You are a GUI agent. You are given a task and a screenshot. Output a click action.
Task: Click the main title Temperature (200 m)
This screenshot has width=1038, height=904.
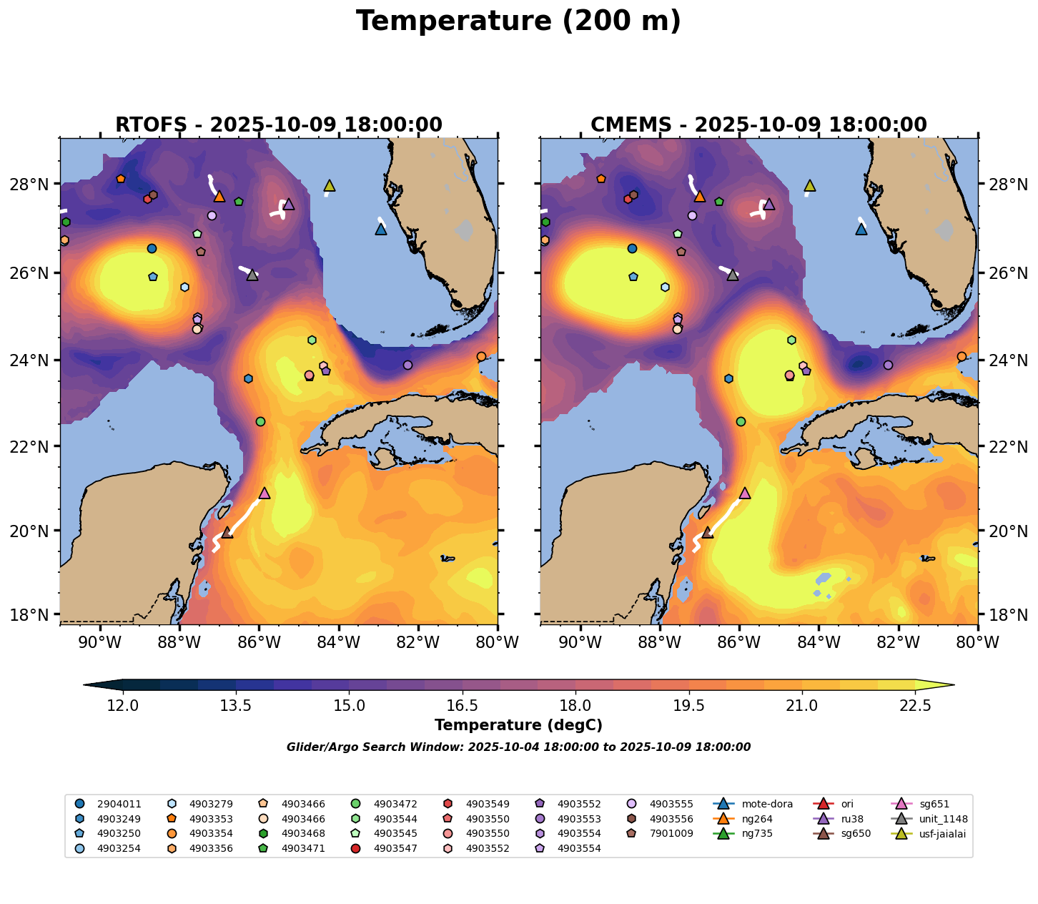pos(518,21)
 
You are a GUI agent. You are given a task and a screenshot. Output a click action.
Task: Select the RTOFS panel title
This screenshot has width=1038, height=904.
pos(279,125)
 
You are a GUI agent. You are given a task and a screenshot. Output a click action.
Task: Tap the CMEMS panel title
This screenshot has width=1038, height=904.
pos(758,125)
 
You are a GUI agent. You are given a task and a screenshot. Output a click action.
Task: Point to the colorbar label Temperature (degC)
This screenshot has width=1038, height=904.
pos(518,725)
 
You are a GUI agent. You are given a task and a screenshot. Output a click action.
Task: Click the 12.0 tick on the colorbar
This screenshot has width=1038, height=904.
pos(123,706)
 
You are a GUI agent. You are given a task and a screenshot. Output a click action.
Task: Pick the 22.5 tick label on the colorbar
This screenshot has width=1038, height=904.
pos(914,706)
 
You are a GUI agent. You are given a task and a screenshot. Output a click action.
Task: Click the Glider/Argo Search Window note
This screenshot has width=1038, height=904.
pos(518,747)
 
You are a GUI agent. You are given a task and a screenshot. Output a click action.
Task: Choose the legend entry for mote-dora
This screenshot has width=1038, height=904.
pos(758,804)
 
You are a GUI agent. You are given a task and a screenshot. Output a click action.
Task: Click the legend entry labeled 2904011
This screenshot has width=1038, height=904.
pos(119,804)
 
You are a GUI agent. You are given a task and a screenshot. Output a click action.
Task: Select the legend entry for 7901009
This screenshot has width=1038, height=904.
pos(671,833)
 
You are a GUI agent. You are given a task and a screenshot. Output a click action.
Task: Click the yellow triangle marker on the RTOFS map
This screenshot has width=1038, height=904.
pos(329,186)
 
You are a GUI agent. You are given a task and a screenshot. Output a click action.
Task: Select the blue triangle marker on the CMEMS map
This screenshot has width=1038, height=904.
pos(861,230)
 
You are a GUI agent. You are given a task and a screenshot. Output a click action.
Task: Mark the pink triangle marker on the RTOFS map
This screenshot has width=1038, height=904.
pos(265,493)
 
